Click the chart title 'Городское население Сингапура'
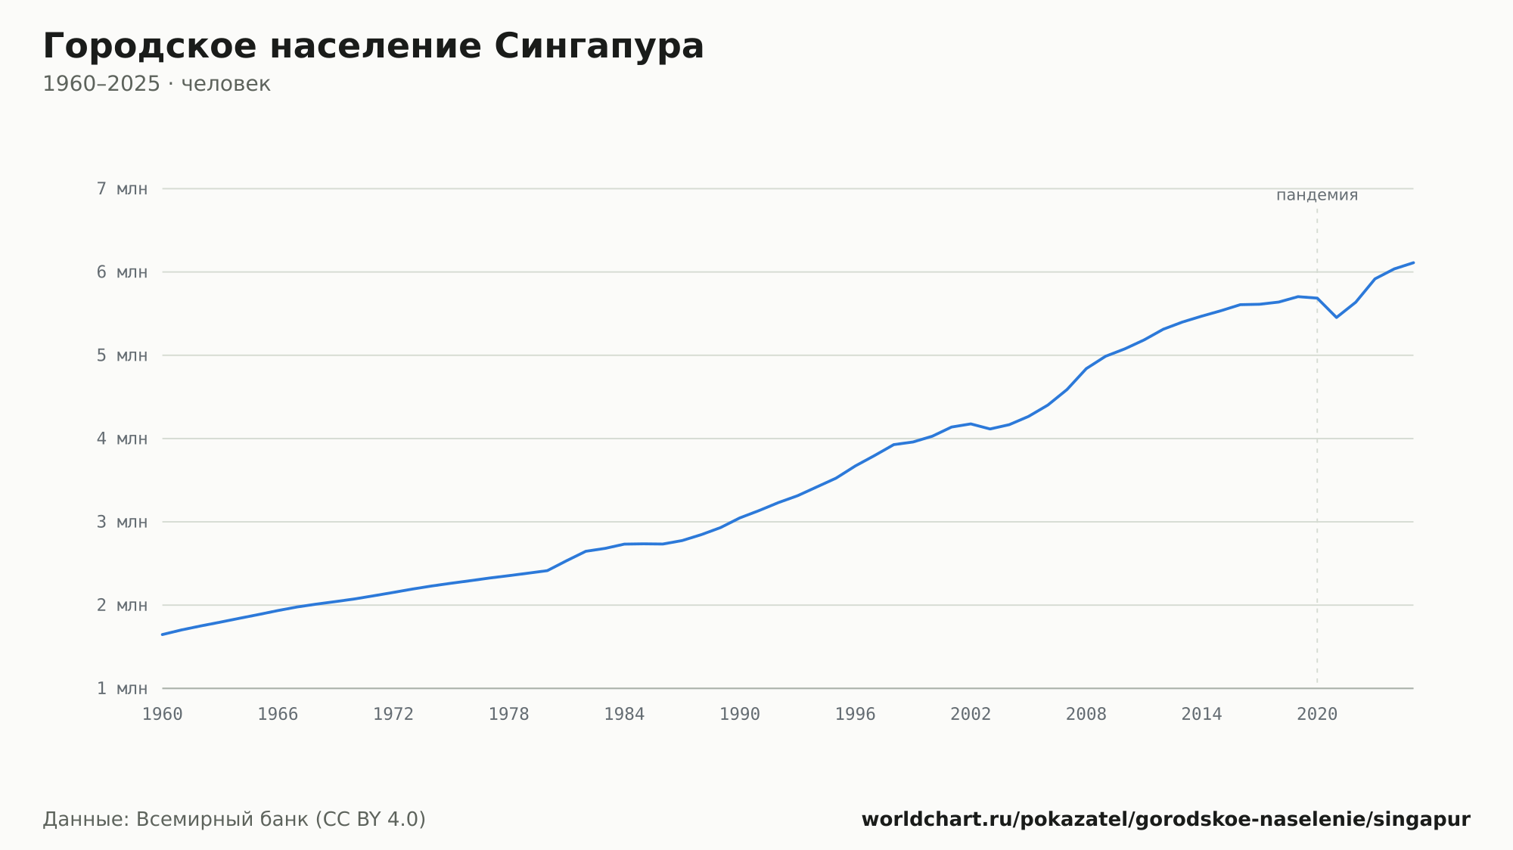[x=373, y=47]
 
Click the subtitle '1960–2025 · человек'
[x=157, y=84]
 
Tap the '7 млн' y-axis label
[x=122, y=188]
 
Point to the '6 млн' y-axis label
[x=122, y=272]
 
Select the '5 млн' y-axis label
[x=122, y=355]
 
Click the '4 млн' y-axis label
[x=122, y=439]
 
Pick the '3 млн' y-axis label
[x=122, y=522]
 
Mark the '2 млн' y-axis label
[x=122, y=605]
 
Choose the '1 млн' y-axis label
[x=122, y=688]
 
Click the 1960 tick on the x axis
[x=163, y=715]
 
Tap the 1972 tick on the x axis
[x=393, y=715]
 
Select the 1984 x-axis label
[x=624, y=715]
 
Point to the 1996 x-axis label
[x=855, y=715]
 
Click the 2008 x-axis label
[x=1086, y=715]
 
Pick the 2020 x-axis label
[x=1317, y=715]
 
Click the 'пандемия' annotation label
[x=1317, y=195]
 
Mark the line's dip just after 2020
[x=1337, y=317]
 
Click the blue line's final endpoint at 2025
[x=1413, y=262]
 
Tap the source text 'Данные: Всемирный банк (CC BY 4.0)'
[x=235, y=820]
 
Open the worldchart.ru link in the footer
[x=1166, y=820]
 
